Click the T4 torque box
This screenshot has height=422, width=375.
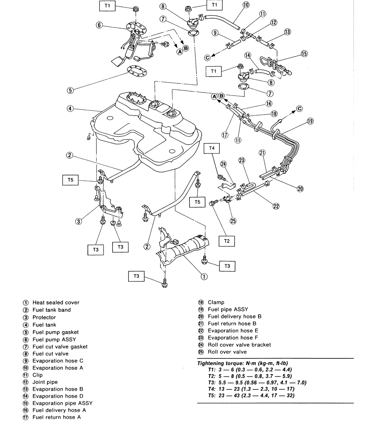(x=212, y=148)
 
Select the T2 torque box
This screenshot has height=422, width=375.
(x=227, y=241)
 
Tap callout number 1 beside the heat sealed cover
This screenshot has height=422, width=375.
(x=204, y=277)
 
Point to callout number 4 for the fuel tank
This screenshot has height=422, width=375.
(x=70, y=109)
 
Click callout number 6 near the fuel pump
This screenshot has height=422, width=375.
(x=100, y=25)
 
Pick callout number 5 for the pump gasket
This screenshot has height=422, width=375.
(x=70, y=90)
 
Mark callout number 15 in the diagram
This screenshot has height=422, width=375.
(x=304, y=54)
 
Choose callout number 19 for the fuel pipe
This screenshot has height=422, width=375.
(x=310, y=121)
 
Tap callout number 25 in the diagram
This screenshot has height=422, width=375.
(x=233, y=221)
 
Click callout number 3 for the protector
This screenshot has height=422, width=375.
(x=78, y=222)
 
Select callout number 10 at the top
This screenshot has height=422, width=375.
(x=246, y=5)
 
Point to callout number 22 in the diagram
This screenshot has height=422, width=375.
(x=276, y=206)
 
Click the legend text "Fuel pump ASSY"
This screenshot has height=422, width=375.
(x=54, y=339)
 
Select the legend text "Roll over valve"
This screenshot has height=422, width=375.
(x=227, y=352)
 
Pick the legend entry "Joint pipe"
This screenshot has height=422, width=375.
(x=45, y=382)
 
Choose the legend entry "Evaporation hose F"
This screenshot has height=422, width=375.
(x=233, y=338)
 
